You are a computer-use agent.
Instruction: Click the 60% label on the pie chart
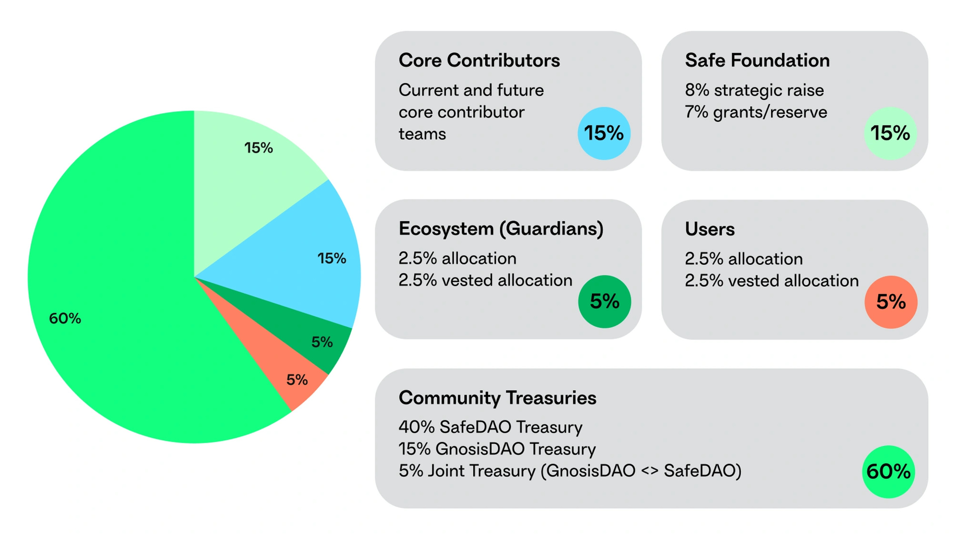[65, 318]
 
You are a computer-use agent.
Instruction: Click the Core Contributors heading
[479, 61]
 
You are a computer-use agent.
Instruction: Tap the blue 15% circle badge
[604, 133]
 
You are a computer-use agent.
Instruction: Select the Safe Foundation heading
[757, 61]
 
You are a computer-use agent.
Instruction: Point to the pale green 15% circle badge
[890, 133]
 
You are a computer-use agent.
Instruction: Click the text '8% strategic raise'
[754, 90]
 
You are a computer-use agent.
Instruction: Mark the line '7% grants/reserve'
[755, 112]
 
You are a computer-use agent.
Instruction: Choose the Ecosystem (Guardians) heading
[501, 229]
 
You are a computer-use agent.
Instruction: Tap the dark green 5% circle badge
[605, 301]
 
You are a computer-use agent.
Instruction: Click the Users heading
[709, 229]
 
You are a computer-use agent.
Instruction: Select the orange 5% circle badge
[891, 302]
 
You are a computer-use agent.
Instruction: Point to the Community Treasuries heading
[497, 398]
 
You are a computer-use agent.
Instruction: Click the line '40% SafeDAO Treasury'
[490, 427]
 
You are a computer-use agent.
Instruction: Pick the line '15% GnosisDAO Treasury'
[497, 449]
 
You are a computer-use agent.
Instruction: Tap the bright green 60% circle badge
[888, 471]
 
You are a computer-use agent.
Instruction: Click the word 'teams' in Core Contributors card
[422, 134]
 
